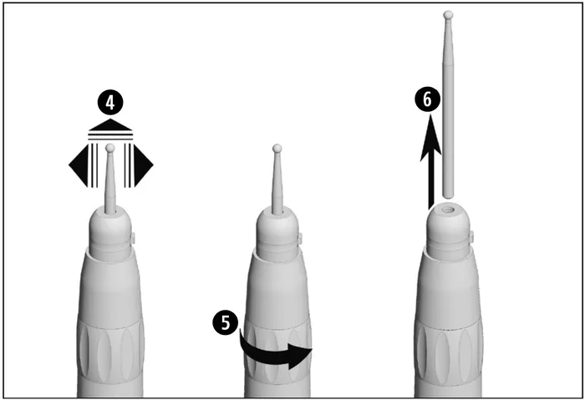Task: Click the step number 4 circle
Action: pos(110,103)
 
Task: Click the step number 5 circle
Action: pos(226,322)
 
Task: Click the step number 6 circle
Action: pos(428,99)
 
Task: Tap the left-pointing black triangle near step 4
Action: pos(79,165)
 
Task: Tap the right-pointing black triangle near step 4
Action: pos(144,165)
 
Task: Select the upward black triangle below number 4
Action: pos(110,125)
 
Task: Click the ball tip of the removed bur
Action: pos(449,16)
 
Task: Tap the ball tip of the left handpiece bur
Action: pos(110,148)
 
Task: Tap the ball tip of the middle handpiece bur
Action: pos(277,149)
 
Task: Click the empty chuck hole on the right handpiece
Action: pos(447,210)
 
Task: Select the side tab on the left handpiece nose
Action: pos(134,238)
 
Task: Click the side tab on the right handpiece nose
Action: pos(471,236)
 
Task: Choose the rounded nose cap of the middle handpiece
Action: pos(277,225)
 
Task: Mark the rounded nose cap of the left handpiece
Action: pos(110,225)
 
